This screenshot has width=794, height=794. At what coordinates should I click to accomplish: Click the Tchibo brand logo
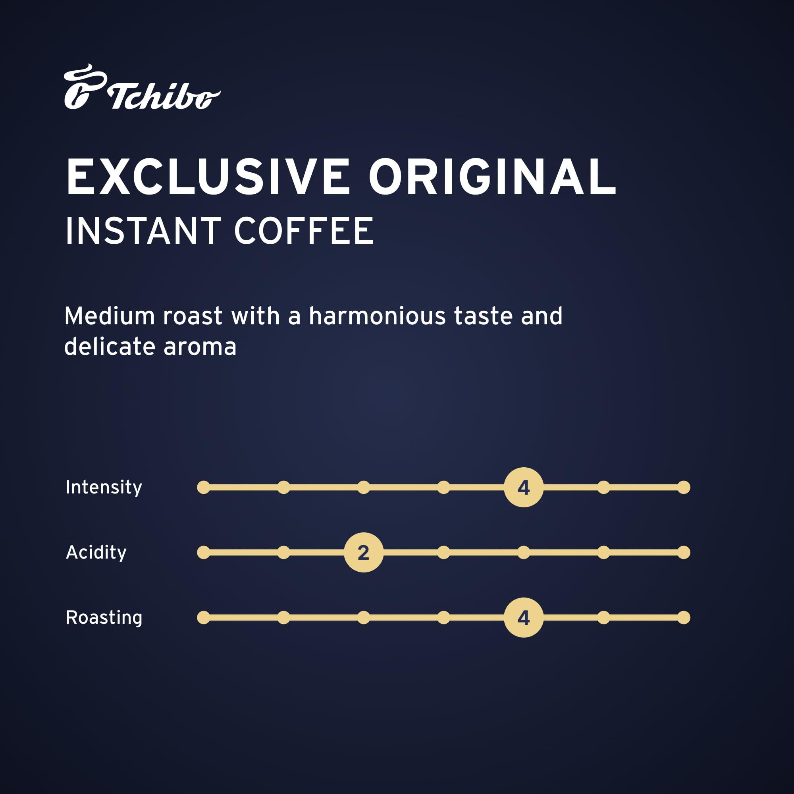coord(142,87)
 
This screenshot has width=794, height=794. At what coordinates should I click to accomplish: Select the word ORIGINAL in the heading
coord(492,177)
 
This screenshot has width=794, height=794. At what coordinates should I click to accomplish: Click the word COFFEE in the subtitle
coord(304,231)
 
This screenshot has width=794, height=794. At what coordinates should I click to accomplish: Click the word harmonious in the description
coord(377,316)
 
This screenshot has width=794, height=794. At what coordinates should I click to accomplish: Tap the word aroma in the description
coord(200,347)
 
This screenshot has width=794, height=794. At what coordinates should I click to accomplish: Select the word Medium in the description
coord(109,316)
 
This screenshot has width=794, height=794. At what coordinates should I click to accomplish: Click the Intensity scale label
coord(104,488)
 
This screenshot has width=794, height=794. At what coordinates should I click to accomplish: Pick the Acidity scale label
coord(96,552)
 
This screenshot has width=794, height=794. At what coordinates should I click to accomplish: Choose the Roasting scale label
coord(104,617)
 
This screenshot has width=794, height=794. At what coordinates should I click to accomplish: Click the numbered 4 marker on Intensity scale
coord(524,488)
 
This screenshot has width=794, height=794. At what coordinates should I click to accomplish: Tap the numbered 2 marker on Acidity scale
coord(364,552)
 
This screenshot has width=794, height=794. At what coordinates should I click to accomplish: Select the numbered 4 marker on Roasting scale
coord(524,617)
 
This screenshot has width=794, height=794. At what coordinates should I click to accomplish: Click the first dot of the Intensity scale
coord(203,488)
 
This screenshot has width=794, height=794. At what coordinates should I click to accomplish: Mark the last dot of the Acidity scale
coord(684,552)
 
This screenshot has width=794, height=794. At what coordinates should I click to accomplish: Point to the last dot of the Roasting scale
coord(684,617)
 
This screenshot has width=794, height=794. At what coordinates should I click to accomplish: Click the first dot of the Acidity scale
coord(203,552)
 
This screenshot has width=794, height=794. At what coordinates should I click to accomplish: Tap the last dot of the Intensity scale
coord(684,488)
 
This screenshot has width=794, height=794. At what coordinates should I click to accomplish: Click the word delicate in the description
coord(109,347)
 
